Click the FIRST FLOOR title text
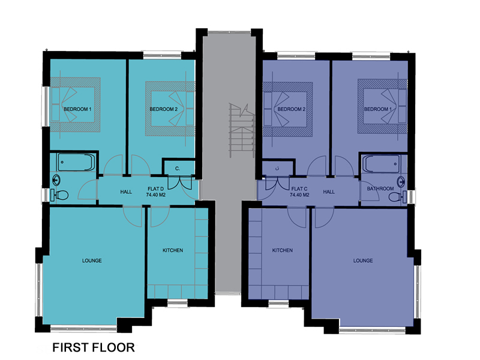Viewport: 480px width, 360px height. [94, 347]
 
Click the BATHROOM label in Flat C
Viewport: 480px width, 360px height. [380, 188]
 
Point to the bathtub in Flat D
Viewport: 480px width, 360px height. [76, 162]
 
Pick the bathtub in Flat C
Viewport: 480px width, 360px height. [382, 164]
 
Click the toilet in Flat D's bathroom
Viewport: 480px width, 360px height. [59, 195]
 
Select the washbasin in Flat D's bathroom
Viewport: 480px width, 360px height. [56, 181]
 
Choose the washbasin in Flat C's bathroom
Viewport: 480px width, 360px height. [401, 182]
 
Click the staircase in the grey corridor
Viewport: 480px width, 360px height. [242, 130]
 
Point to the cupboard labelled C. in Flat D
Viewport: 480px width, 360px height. [178, 168]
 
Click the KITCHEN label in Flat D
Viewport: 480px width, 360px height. [173, 250]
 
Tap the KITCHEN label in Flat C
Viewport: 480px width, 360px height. [282, 250]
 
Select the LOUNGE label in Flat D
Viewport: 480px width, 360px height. [92, 260]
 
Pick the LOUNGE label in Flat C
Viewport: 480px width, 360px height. [363, 260]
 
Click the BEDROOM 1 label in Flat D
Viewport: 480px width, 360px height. [77, 109]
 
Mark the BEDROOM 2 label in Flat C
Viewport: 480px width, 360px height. [292, 109]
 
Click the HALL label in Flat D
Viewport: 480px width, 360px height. [126, 192]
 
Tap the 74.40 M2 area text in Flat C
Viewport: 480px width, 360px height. [299, 194]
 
